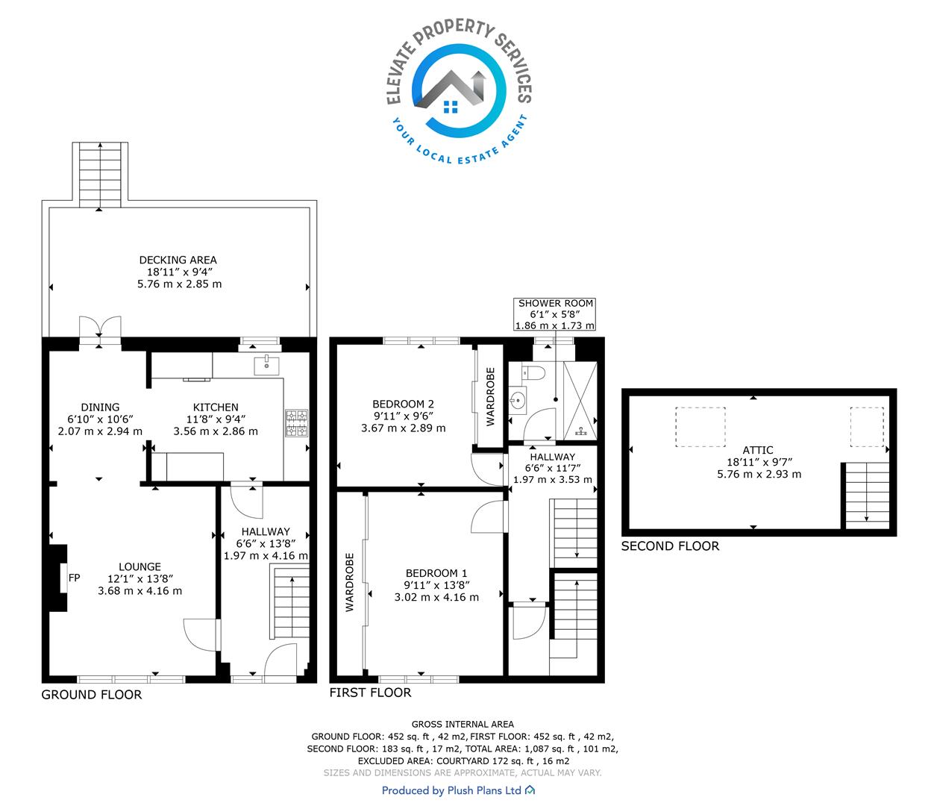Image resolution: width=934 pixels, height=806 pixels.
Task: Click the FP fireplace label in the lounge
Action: [74, 578]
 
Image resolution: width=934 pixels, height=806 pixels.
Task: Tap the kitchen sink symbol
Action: [266, 366]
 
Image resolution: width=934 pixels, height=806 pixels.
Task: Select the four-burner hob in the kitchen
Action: [296, 423]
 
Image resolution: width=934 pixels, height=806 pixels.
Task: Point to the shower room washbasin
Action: [518, 400]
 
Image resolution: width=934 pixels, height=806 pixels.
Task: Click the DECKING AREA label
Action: [178, 260]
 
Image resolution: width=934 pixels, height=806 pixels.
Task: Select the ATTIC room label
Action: [758, 450]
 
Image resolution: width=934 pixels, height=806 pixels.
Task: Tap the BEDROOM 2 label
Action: [403, 404]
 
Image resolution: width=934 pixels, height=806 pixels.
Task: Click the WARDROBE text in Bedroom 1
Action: [350, 582]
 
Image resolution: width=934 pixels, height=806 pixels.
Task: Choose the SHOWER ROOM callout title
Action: [555, 303]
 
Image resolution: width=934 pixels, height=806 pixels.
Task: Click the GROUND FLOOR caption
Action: [91, 695]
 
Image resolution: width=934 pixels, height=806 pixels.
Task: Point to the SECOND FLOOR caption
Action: [670, 546]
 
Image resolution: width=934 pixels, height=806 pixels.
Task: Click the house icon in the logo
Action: [451, 107]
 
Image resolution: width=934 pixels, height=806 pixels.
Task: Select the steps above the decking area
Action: [100, 175]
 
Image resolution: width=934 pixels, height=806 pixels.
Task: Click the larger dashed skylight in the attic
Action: [700, 427]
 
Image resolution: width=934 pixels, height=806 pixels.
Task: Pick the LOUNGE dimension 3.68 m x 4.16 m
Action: [140, 591]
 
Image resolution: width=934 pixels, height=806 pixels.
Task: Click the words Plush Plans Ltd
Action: [484, 790]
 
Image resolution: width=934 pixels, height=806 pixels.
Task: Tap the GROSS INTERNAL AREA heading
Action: [463, 724]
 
